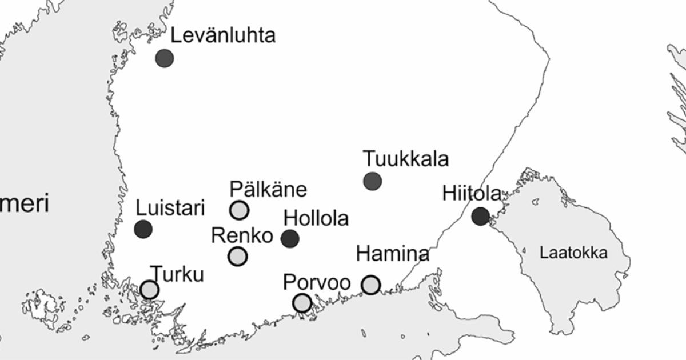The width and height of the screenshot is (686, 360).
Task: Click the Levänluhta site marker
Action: (165, 58)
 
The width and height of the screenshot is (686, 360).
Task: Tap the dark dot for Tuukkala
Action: (372, 181)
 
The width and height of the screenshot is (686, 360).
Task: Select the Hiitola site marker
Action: (481, 216)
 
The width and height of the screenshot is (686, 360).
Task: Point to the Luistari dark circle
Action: (143, 229)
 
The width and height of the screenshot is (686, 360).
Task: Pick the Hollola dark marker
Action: (290, 238)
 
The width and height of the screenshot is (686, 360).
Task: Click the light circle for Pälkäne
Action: (239, 210)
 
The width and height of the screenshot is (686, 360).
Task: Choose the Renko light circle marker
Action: (237, 257)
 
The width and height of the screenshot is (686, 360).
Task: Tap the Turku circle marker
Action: (149, 290)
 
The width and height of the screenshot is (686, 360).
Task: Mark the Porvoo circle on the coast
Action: (302, 303)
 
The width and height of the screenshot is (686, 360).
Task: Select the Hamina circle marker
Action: (370, 284)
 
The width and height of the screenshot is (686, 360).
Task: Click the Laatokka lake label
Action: (573, 254)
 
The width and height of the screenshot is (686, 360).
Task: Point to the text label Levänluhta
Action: (223, 35)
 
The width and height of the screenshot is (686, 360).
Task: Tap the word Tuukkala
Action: (406, 158)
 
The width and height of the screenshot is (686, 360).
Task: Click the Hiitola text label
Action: (472, 194)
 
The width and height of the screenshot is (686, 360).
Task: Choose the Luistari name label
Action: (170, 209)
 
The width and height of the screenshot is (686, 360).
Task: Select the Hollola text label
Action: (316, 218)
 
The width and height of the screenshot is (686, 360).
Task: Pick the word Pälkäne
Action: (268, 189)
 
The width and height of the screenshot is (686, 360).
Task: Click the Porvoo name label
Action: (317, 283)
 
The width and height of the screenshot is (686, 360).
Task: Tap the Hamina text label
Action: (392, 253)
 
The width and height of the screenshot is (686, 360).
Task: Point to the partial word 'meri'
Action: (24, 203)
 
